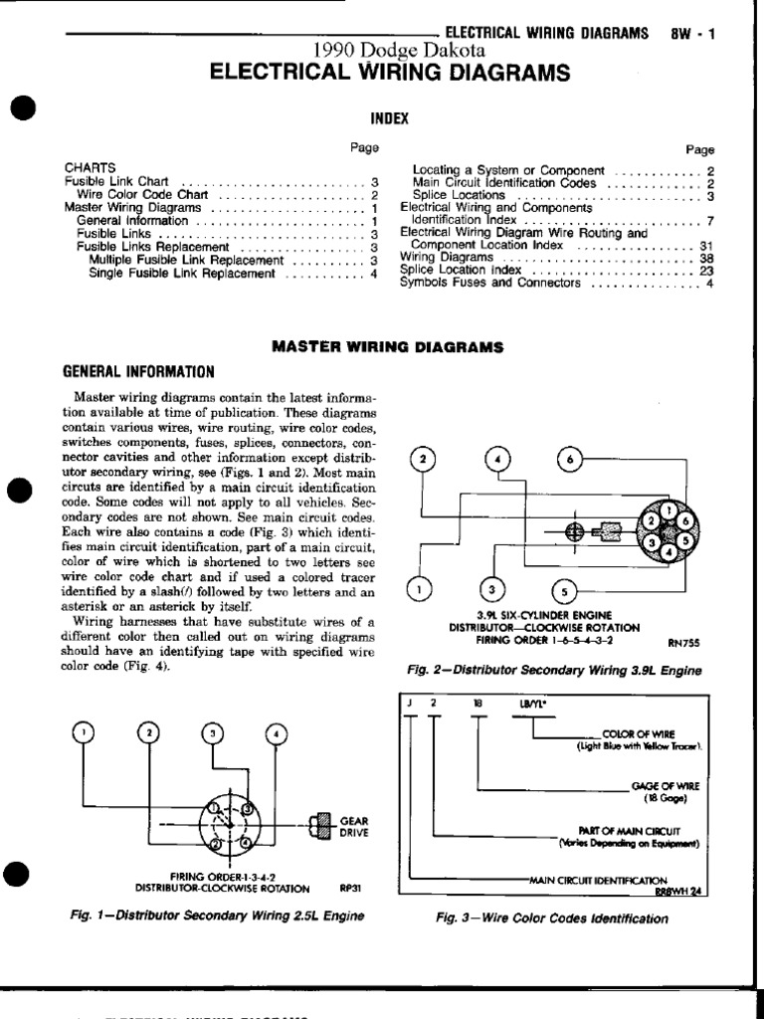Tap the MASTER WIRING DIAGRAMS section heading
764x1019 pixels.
tap(388, 347)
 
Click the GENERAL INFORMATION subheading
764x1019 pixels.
tap(138, 372)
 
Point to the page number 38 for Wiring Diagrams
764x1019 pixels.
tap(707, 257)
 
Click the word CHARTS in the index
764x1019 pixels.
tap(91, 168)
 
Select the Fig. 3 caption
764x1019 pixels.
tap(552, 918)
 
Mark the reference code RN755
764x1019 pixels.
tap(685, 643)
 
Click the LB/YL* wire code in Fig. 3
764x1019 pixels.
tap(529, 703)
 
